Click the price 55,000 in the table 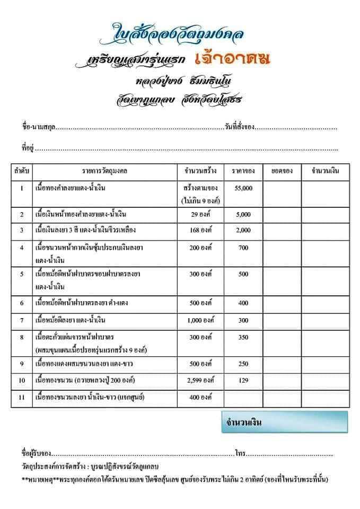pyautogui.click(x=243, y=188)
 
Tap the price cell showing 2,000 pyautogui.click(x=243, y=230)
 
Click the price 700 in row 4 pyautogui.click(x=243, y=248)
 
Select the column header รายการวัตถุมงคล pyautogui.click(x=105, y=171)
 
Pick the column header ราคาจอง pyautogui.click(x=243, y=171)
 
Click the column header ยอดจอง pyautogui.click(x=282, y=171)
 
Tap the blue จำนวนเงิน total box pyautogui.click(x=284, y=422)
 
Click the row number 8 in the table pyautogui.click(x=22, y=337)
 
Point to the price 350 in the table pyautogui.click(x=243, y=337)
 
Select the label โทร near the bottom pyautogui.click(x=240, y=454)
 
